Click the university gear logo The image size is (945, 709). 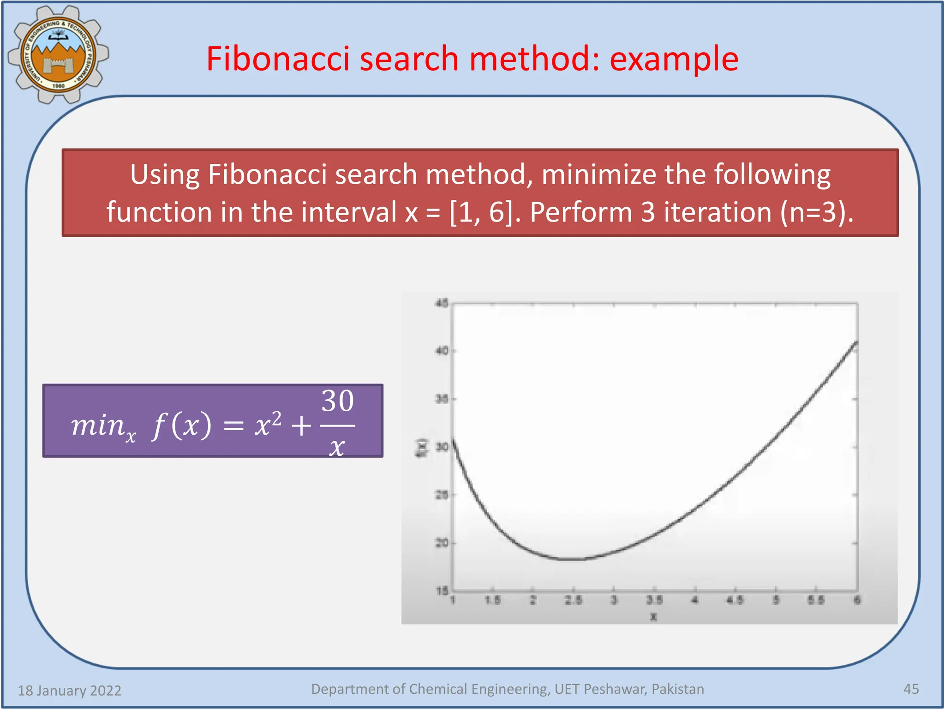(58, 54)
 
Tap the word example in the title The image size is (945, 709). (674, 59)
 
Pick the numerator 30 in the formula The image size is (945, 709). (338, 401)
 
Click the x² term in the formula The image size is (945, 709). (268, 424)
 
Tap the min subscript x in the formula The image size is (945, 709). (131, 436)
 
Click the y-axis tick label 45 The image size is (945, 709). (442, 303)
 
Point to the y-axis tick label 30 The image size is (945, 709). (442, 447)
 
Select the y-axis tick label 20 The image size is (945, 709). (442, 543)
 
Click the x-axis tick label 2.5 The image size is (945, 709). (574, 600)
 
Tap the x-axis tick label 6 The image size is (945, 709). (857, 600)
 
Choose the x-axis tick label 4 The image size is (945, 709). (695, 600)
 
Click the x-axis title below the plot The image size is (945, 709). (653, 617)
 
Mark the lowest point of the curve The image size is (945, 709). (572, 559)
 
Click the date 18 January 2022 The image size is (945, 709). (69, 691)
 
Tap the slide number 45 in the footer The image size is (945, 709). (911, 689)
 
